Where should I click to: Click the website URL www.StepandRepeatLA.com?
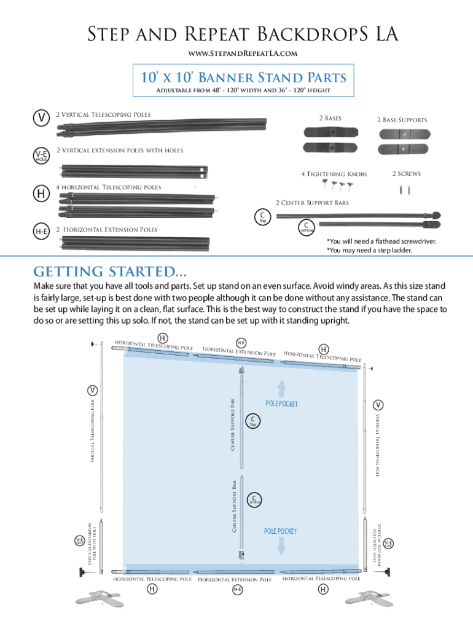coord(236,53)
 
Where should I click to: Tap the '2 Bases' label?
coord(330,118)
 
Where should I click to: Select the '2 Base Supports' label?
coord(402,120)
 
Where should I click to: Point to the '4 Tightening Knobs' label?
coord(334,174)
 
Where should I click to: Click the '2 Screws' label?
coord(406,174)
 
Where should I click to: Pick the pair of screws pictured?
coord(406,190)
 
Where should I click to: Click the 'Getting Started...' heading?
coord(111,272)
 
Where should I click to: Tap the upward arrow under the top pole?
coord(281,388)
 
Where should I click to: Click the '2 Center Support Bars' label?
coord(312,202)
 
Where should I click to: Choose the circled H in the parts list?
coord(41,193)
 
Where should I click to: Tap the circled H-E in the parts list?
coord(41,231)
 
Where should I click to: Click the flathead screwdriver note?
coord(381,241)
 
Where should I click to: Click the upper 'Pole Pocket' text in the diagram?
coord(281,404)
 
